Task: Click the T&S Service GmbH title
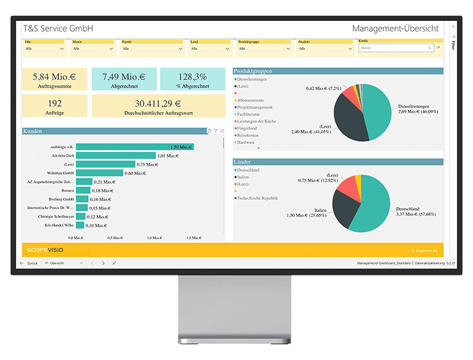[58, 29]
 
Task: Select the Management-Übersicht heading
[395, 29]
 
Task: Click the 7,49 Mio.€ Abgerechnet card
[123, 80]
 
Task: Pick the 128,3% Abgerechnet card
[192, 80]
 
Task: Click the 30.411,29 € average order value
[158, 106]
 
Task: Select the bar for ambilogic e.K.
[134, 147]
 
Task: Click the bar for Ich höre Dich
[116, 155]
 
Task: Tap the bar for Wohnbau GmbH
[99, 173]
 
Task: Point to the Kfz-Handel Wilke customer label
[58, 225]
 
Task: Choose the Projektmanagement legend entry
[256, 107]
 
